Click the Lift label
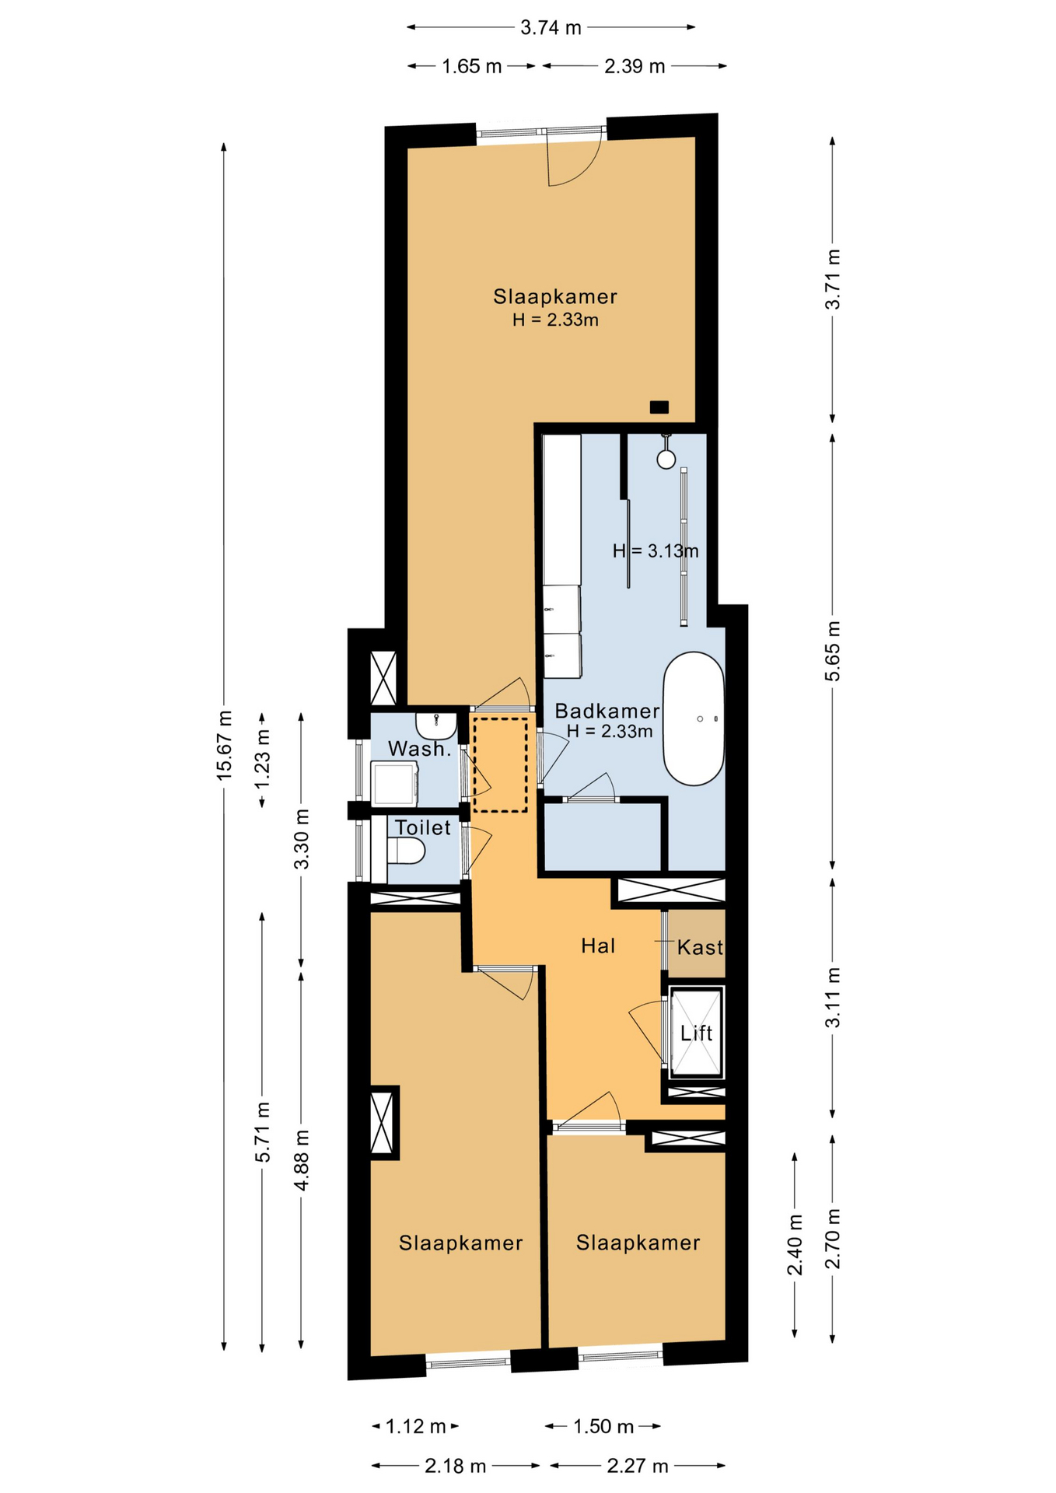[696, 1033]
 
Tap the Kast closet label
[701, 947]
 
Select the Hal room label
[598, 946]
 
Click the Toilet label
[423, 827]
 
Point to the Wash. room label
[420, 749]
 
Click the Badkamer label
[607, 711]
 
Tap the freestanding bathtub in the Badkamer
[694, 719]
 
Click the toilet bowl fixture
[406, 851]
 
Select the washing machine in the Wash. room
[395, 784]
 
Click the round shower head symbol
[666, 459]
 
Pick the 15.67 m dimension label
[224, 745]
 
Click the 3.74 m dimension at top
[551, 27]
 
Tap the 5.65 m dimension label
[833, 652]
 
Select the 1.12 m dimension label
[416, 1426]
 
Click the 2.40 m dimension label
[795, 1245]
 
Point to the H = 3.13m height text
[656, 551]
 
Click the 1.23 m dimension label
[263, 757]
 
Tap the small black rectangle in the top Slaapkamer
[659, 407]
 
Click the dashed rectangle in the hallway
[500, 764]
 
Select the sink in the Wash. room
[435, 726]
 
